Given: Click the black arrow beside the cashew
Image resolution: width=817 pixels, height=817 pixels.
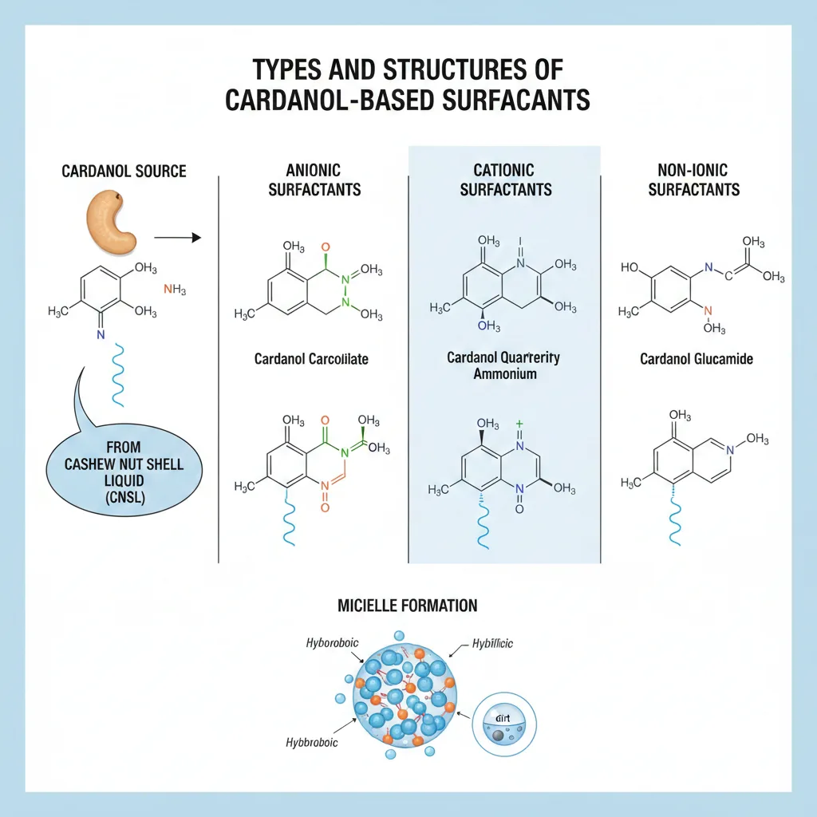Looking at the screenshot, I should (177, 237).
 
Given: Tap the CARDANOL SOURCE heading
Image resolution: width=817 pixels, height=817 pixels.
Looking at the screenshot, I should (124, 172).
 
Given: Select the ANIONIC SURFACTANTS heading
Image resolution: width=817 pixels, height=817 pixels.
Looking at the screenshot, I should (313, 180).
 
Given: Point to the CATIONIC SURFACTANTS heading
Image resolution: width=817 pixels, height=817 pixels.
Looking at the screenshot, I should (506, 180).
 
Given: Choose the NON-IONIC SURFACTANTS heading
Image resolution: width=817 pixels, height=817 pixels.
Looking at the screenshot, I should (693, 180).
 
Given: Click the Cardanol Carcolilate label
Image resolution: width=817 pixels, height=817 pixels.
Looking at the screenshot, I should (311, 359).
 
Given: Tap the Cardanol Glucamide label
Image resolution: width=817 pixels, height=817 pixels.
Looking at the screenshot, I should (697, 359).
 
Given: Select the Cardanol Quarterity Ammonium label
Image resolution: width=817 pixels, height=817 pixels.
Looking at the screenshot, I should (503, 365).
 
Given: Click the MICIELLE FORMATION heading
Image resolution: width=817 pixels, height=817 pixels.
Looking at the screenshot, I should (407, 606).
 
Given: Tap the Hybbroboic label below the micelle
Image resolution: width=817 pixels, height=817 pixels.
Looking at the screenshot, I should (311, 742).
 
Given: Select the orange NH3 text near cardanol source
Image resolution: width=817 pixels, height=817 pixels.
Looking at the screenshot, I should (174, 290).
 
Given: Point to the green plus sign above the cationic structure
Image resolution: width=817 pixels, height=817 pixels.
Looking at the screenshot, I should (519, 424).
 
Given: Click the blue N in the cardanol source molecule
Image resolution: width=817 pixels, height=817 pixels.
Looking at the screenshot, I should (101, 335).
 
